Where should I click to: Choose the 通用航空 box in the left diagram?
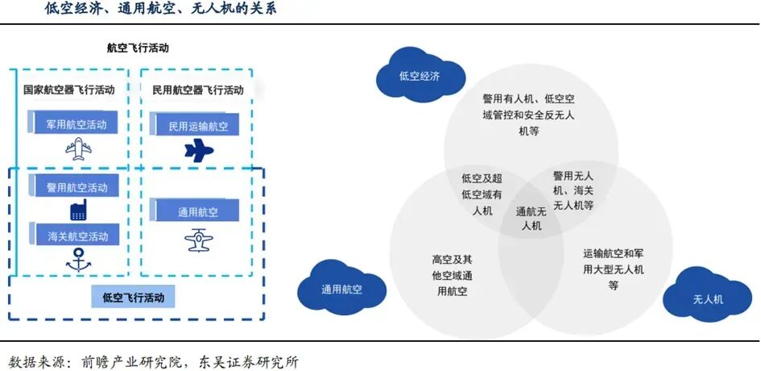tap(197, 212)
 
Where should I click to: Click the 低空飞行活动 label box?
tap(133, 297)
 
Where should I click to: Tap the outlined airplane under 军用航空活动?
tap(78, 148)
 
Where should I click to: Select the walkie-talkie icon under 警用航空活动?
tap(78, 211)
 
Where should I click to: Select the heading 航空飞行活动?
tap(138, 48)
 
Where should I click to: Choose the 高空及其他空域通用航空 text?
tap(451, 275)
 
